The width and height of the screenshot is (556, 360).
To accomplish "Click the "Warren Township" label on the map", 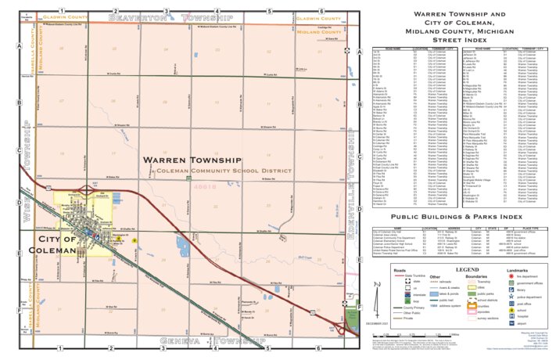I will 192,160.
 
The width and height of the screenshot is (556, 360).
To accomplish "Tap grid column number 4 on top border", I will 217,11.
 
